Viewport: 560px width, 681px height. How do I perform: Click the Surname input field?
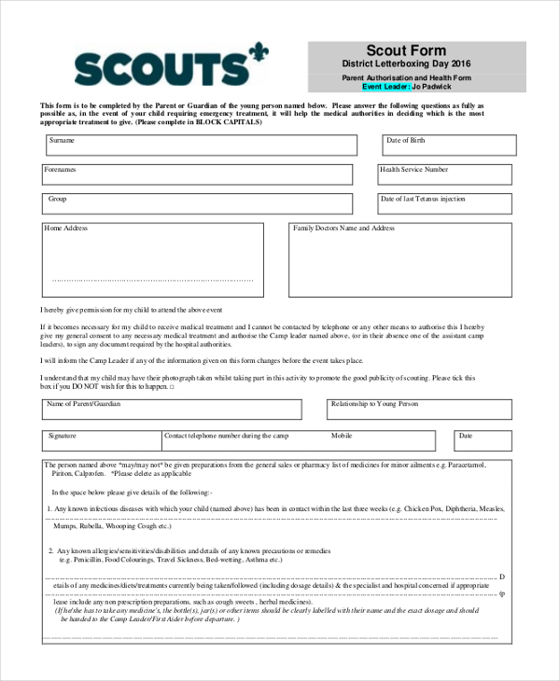[201, 146]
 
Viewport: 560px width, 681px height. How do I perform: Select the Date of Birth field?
[447, 146]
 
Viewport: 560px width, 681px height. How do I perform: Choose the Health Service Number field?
[443, 174]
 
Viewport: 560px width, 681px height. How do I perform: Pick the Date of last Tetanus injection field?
[445, 204]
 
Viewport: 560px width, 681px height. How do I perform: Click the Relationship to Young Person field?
[419, 410]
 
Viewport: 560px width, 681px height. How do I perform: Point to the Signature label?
[63, 436]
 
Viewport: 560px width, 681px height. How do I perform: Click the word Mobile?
[342, 436]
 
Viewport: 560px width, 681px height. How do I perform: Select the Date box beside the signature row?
[483, 440]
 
